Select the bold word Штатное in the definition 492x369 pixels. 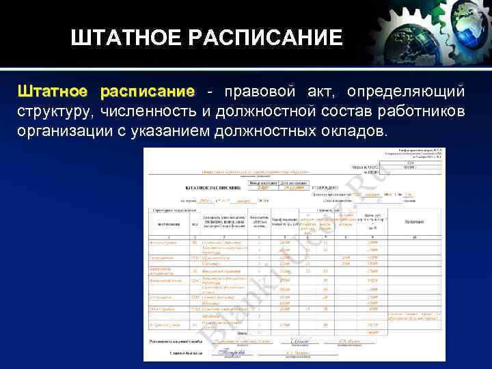click(x=53, y=92)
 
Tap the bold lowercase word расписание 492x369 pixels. click(x=147, y=92)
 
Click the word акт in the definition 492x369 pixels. click(x=321, y=92)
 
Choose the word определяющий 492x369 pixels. click(x=406, y=92)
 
